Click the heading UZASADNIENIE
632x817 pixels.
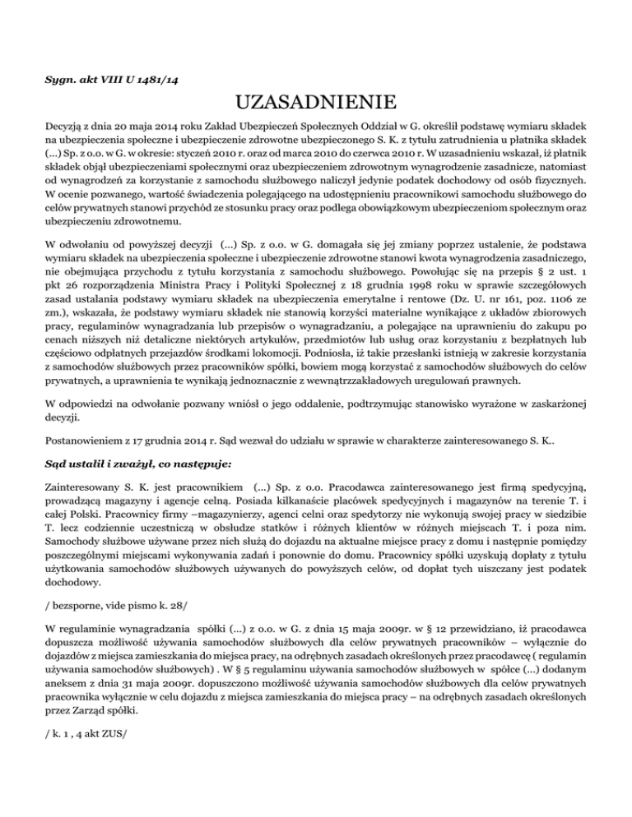click(316, 104)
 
